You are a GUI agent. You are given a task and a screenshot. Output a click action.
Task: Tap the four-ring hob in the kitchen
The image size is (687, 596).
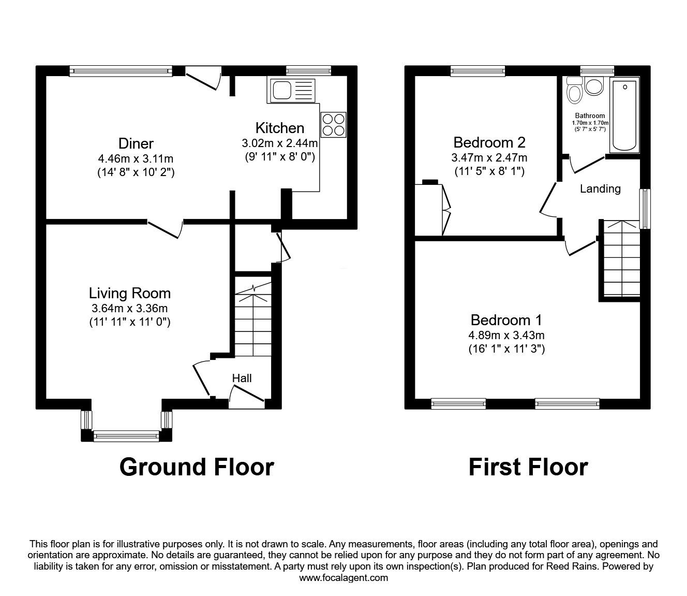pyautogui.click(x=333, y=125)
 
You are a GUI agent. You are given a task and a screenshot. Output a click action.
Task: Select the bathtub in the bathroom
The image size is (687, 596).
pyautogui.click(x=625, y=115)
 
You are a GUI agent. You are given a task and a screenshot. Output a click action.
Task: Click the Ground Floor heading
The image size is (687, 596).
pyautogui.click(x=197, y=467)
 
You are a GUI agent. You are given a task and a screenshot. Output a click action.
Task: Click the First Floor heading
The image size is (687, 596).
pyautogui.click(x=528, y=467)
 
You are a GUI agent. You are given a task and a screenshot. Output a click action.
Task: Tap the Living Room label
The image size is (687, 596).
pyautogui.click(x=130, y=293)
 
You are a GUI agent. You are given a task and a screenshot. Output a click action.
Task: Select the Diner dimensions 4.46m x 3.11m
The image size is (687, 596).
pyautogui.click(x=136, y=158)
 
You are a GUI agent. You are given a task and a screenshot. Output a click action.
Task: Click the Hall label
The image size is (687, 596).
pyautogui.click(x=242, y=378)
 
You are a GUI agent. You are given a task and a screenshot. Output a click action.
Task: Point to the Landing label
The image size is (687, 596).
pyautogui.click(x=600, y=188)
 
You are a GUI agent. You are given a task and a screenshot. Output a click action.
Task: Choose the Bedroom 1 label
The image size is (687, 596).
pyautogui.click(x=506, y=320)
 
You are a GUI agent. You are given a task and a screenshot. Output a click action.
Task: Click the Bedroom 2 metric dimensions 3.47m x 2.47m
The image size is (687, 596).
pyautogui.click(x=489, y=157)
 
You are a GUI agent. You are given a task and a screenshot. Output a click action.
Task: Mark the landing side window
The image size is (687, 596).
pyautogui.click(x=645, y=209)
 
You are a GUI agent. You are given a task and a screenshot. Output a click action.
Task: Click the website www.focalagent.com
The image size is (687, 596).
pyautogui.click(x=343, y=578)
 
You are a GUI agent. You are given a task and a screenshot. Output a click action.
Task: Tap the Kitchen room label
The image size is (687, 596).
pyautogui.click(x=280, y=128)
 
